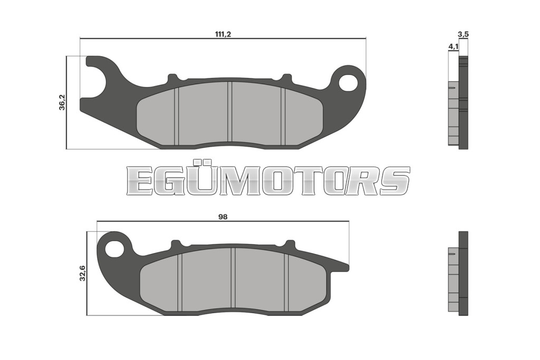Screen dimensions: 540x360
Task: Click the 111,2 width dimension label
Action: pyautogui.click(x=223, y=34)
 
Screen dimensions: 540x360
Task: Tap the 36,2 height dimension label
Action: pyautogui.click(x=62, y=102)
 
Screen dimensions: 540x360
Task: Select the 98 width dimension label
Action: pyautogui.click(x=223, y=217)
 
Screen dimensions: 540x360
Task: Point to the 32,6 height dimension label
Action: pyautogui.click(x=83, y=273)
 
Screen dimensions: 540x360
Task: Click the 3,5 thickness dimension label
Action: pyautogui.click(x=463, y=34)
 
